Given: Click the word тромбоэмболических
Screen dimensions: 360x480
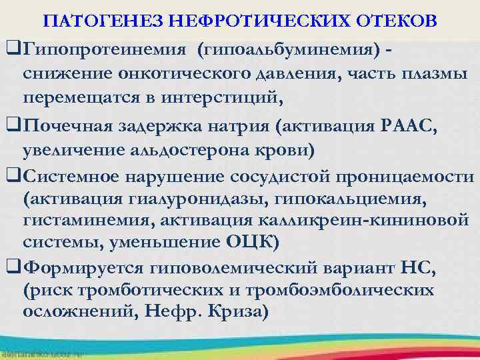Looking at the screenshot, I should (x=341, y=291).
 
